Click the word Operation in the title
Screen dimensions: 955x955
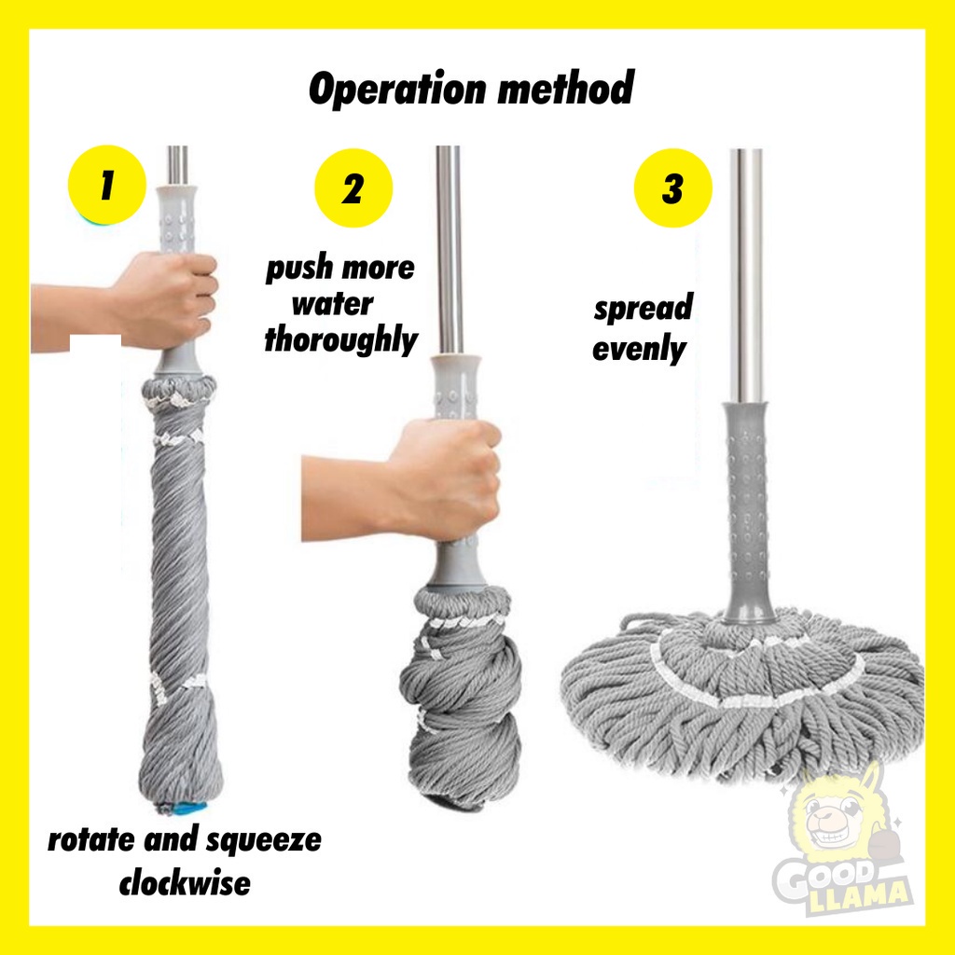(x=397, y=90)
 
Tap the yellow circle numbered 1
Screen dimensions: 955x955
(x=107, y=185)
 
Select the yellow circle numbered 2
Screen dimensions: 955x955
(x=353, y=187)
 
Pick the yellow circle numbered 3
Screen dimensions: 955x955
(x=673, y=187)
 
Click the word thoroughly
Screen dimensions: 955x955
(x=341, y=340)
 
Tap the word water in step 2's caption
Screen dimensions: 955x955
(x=333, y=304)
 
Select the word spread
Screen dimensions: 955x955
(x=644, y=308)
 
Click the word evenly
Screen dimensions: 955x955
(x=640, y=349)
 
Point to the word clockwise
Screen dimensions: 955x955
(x=185, y=883)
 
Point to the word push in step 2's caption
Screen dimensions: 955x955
(x=299, y=269)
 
